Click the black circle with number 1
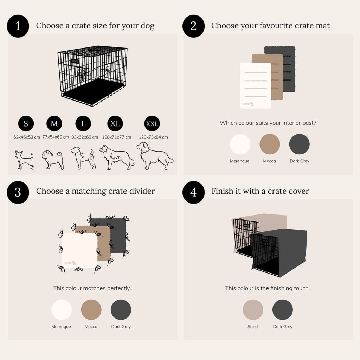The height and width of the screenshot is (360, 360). pyautogui.click(x=18, y=26)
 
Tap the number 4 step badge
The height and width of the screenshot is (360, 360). pyautogui.click(x=194, y=192)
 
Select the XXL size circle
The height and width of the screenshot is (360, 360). pyautogui.click(x=152, y=123)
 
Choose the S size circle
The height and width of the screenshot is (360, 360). pyautogui.click(x=26, y=123)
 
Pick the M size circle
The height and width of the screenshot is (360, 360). pyautogui.click(x=54, y=123)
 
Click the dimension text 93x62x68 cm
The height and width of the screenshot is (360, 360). pyautogui.click(x=85, y=137)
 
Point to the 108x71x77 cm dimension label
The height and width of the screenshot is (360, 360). pyautogui.click(x=117, y=137)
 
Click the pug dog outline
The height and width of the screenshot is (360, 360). pyautogui.click(x=53, y=160)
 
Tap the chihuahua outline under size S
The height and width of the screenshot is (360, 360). pyautogui.click(x=24, y=160)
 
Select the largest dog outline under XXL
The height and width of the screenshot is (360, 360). pyautogui.click(x=155, y=156)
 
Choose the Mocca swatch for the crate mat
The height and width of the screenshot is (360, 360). pyautogui.click(x=270, y=144)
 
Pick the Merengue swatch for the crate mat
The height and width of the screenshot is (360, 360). pyautogui.click(x=240, y=144)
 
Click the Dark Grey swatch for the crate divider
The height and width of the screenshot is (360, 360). pyautogui.click(x=121, y=309)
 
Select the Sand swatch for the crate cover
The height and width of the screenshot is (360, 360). pyautogui.click(x=253, y=309)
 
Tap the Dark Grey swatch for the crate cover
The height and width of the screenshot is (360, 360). pyautogui.click(x=283, y=309)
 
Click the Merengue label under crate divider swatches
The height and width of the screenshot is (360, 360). pyautogui.click(x=61, y=327)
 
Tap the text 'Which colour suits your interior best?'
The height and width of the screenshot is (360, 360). pyautogui.click(x=268, y=123)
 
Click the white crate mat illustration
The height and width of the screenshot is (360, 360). pyautogui.click(x=256, y=85)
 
